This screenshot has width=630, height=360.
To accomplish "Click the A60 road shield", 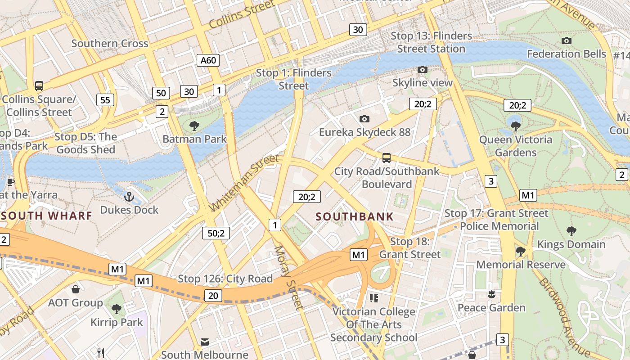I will pyautogui.click(x=208, y=60).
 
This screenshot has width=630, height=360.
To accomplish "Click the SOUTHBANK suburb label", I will pyautogui.click(x=355, y=216).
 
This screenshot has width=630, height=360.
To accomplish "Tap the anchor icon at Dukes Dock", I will pyautogui.click(x=129, y=197).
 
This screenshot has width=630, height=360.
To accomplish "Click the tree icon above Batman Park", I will pyautogui.click(x=194, y=126).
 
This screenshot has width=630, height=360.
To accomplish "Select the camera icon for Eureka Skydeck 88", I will pyautogui.click(x=364, y=119).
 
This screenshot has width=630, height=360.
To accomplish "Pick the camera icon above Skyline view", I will pyautogui.click(x=422, y=69).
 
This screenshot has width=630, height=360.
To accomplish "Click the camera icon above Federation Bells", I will pyautogui.click(x=567, y=41).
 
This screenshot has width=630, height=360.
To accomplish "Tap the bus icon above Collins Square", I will pyautogui.click(x=39, y=85).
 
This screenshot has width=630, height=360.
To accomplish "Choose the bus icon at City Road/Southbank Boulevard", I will pyautogui.click(x=387, y=158).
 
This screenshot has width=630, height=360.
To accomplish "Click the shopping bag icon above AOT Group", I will pyautogui.click(x=76, y=289).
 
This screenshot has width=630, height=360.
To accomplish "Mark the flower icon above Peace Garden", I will pyautogui.click(x=491, y=294).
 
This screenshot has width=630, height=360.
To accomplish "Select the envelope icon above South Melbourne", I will pyautogui.click(x=205, y=342).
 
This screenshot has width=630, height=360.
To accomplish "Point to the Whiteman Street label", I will pyautogui.click(x=245, y=183).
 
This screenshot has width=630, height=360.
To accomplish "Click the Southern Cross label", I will pyautogui.click(x=110, y=44).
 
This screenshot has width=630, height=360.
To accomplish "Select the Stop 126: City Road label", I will pyautogui.click(x=225, y=279).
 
